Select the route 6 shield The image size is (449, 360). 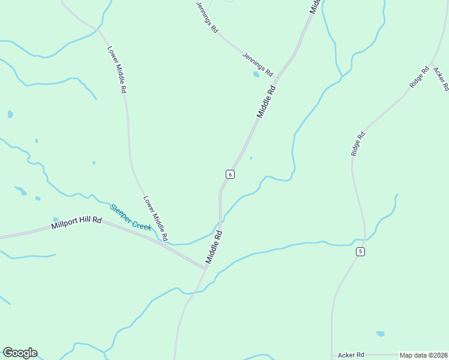(x=230, y=174)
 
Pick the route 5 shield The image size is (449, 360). (x=360, y=251)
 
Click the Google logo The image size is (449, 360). (x=20, y=353)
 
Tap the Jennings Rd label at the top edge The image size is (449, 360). (x=206, y=16)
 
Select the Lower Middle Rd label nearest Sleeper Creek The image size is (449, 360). (x=155, y=217)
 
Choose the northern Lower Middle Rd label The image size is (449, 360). (x=116, y=69)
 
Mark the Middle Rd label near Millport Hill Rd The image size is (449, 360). (x=214, y=247)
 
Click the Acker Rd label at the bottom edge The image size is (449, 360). (x=351, y=355)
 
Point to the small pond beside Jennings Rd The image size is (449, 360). (x=256, y=75)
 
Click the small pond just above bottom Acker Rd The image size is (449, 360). (x=380, y=334)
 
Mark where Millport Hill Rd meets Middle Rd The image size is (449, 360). (x=205, y=268)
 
